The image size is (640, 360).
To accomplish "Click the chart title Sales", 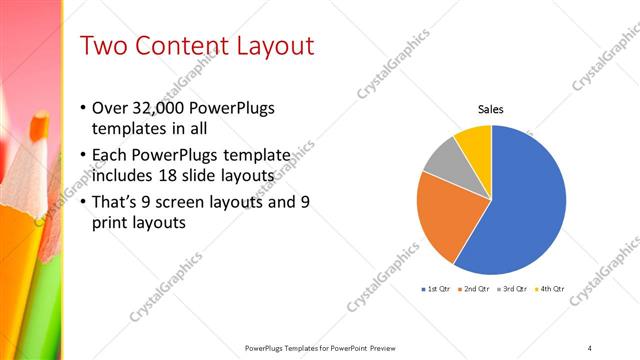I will click(490, 109).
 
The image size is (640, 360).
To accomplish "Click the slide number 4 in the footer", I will click(589, 347).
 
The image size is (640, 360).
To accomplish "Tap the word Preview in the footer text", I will click(382, 347).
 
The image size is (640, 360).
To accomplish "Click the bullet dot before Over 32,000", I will click(82, 108).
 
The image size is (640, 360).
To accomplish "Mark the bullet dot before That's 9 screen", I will click(82, 202).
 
